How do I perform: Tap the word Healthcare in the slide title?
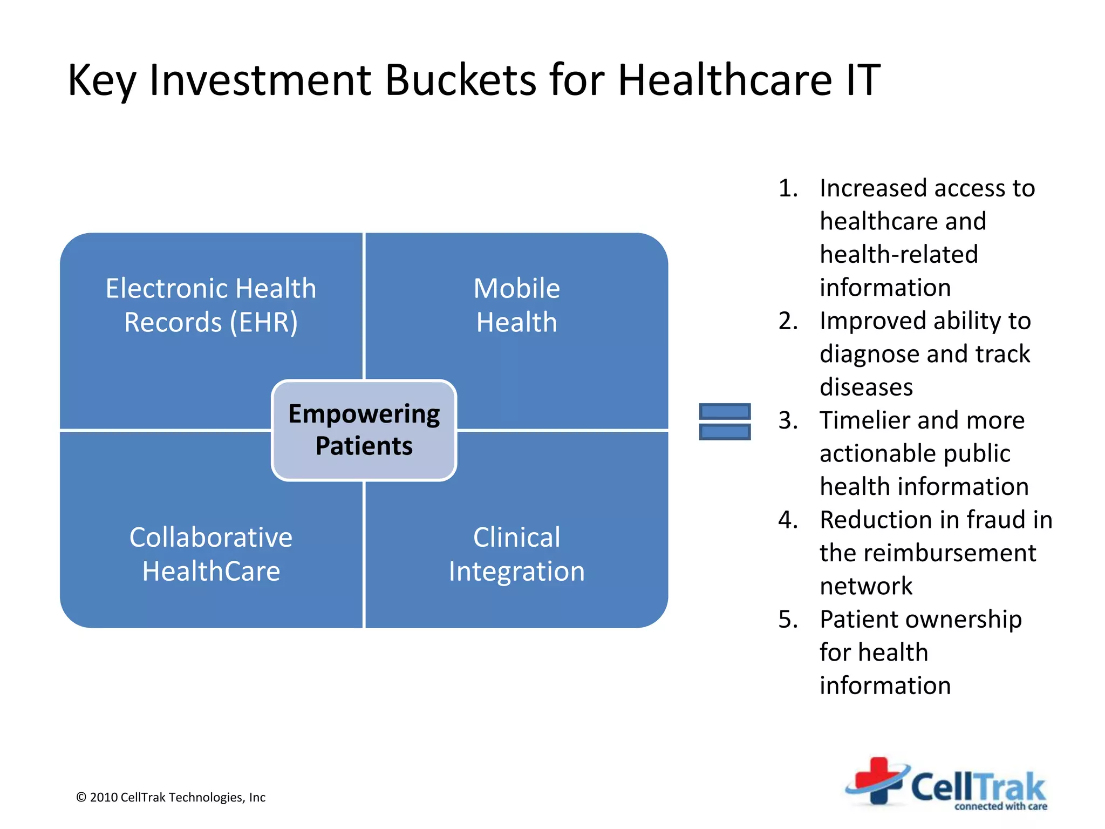[725, 80]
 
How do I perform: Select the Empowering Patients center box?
[364, 430]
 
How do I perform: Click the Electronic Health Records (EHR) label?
[211, 305]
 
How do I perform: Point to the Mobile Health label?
[516, 305]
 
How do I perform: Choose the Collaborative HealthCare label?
[211, 554]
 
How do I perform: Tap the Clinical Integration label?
[516, 554]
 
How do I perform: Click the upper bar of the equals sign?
[725, 412]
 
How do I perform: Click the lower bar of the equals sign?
[725, 432]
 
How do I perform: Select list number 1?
[788, 188]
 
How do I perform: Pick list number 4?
[788, 520]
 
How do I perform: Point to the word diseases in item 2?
[866, 387]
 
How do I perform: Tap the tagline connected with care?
[1000, 806]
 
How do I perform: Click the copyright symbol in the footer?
[81, 798]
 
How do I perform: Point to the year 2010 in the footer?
[104, 798]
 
